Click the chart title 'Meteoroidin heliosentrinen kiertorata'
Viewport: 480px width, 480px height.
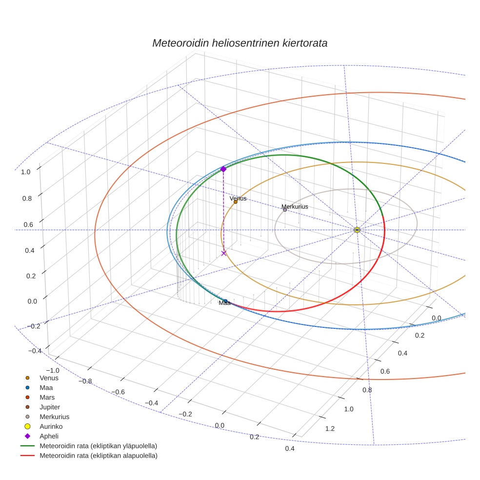pos(240,43)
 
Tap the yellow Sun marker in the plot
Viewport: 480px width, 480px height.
pos(357,230)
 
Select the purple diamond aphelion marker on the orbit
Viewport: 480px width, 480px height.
pos(223,169)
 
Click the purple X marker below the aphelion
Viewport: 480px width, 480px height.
pos(224,253)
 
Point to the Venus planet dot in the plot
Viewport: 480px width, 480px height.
pos(236,202)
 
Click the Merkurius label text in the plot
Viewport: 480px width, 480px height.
pos(295,207)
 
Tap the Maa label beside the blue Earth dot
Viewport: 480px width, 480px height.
pos(224,303)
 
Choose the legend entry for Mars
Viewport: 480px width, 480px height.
pos(47,398)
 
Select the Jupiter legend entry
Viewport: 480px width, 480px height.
pos(50,407)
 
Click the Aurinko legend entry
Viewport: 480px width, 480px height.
pos(51,427)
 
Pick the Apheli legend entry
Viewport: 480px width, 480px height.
pos(49,437)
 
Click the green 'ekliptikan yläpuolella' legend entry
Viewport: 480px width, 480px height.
pos(98,446)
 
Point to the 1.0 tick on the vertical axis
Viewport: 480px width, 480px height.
pos(26,172)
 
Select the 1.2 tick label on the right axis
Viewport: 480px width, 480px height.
pos(330,429)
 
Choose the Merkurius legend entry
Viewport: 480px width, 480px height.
pos(54,417)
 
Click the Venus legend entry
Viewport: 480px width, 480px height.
pos(49,378)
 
